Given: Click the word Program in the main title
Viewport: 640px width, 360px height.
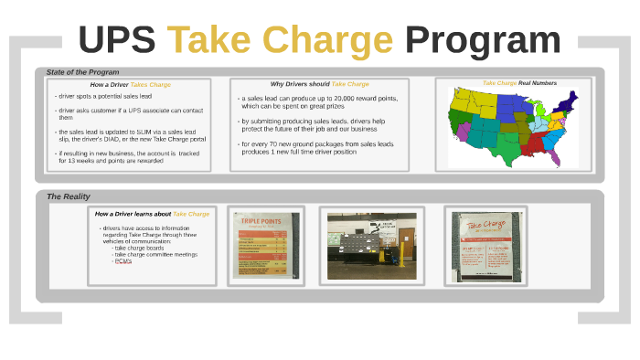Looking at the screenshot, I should (483, 40).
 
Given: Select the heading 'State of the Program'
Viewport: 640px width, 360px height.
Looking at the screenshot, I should (82, 72).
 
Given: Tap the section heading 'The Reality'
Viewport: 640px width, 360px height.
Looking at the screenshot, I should (69, 196).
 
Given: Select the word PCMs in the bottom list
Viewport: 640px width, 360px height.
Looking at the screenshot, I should (123, 261).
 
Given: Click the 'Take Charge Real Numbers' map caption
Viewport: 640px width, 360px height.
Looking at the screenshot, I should (519, 83).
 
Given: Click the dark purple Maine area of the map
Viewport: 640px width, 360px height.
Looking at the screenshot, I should (572, 96).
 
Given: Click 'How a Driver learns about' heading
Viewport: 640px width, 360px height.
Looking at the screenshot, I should (133, 214).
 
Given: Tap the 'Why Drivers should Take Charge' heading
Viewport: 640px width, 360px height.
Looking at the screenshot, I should (319, 83).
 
